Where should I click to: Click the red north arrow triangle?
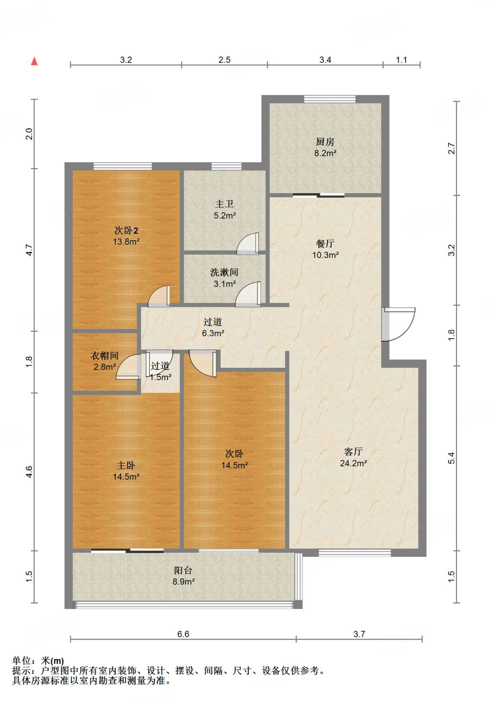tap(34, 61)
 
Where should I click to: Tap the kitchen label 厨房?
tap(325, 142)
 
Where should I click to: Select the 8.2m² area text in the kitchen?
tap(325, 153)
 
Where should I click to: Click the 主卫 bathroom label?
tap(225, 204)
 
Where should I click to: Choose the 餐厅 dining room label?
tap(325, 244)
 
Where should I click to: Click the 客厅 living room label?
tap(353, 451)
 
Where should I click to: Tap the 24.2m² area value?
tap(353, 463)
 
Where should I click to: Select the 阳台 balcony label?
tap(183, 570)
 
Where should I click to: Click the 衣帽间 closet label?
tap(105, 355)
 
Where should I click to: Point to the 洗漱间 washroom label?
tap(224, 272)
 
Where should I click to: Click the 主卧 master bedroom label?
tap(126, 465)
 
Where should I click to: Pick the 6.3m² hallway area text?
tap(213, 333)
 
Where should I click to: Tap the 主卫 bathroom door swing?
tap(248, 244)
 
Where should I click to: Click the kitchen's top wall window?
tap(330, 99)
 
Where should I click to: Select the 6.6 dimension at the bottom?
tap(183, 634)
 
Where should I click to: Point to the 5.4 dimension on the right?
tap(451, 458)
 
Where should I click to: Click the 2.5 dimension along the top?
tap(225, 60)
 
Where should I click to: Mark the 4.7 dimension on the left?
tap(29, 250)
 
